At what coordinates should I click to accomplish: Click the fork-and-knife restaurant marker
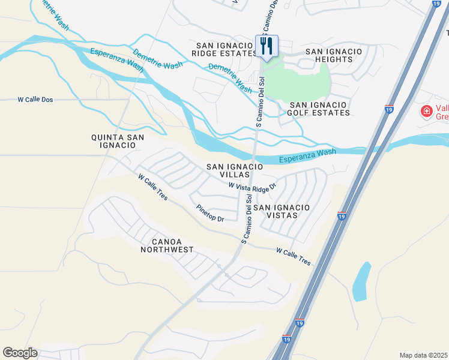pos(267,46)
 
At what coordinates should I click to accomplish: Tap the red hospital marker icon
pos(426,111)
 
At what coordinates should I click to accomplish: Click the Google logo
pos(20,353)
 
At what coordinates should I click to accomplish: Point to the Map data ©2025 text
pos(424,355)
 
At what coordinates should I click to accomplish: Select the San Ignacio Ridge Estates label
pos(224,49)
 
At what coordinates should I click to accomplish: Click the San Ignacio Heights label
pos(334,56)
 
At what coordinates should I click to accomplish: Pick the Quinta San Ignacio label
pos(118,142)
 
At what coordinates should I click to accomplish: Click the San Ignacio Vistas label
pos(281,211)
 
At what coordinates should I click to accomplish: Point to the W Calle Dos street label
pos(36,100)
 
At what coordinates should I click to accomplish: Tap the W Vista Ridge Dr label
pos(252,187)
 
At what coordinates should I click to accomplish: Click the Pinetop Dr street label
pos(209,214)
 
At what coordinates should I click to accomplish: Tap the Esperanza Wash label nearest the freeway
pos(307,156)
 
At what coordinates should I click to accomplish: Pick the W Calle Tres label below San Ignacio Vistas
pos(294,257)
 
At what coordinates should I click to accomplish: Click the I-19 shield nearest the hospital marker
pos(389,109)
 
